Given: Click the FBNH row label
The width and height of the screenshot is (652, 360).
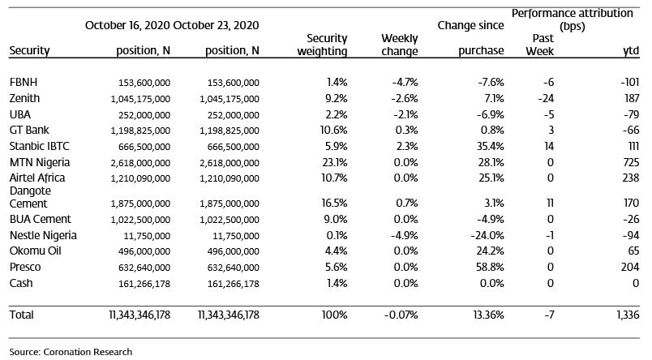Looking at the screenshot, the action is coord(24,83).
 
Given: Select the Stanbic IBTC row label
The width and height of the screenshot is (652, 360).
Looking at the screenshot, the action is coord(40,146).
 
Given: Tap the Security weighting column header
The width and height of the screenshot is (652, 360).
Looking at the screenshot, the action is coord(322,45).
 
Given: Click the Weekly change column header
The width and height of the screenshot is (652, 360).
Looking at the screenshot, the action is coord(399,45).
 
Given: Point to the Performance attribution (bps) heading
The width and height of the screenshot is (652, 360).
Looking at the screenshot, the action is coord(573,19).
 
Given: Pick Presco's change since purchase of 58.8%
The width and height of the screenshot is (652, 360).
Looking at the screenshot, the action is coord(490,267).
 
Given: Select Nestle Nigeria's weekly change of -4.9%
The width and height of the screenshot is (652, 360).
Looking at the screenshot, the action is coord(404,235).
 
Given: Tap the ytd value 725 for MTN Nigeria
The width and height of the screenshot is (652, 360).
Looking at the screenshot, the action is coord(631,162).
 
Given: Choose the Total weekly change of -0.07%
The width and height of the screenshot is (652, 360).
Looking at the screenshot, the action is coord(401,315).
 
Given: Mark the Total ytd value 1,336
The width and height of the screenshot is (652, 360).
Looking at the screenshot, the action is coord(628,315).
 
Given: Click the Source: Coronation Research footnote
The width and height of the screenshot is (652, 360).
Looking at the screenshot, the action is coord(71,352).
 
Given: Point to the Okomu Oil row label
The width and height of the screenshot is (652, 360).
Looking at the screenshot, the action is coord(36,251).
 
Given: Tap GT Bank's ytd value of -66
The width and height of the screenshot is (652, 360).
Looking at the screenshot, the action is coord(631,130).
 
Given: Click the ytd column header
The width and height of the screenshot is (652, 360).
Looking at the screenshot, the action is coord(631,51).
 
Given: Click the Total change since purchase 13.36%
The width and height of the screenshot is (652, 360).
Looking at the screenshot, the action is coord(488,315).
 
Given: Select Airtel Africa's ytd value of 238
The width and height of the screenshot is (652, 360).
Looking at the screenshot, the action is coord(631,178).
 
